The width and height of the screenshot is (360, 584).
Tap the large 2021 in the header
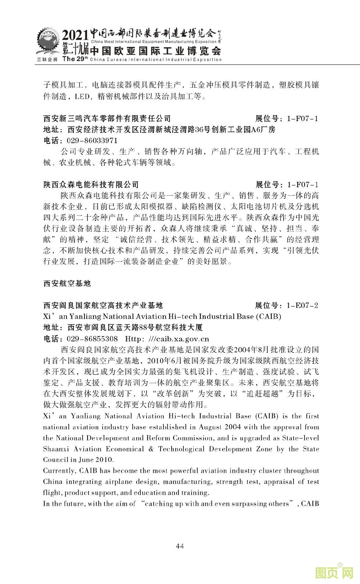click(75, 36)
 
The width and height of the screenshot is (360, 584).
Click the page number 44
click(180, 546)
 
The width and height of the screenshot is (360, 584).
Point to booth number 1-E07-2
click(303, 305)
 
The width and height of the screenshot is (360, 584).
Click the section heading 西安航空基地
click(67, 283)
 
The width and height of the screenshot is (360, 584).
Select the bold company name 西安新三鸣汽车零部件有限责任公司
click(107, 119)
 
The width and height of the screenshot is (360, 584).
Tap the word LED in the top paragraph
click(82, 97)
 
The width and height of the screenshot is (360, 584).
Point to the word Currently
click(58, 471)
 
